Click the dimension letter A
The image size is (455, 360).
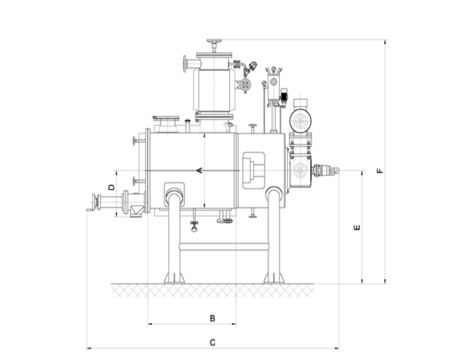click(x=200, y=170)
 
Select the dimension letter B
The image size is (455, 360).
click(x=212, y=318)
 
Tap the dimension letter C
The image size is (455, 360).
click(x=212, y=342)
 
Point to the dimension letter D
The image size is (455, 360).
click(x=111, y=187)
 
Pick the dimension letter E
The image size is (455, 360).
click(x=357, y=228)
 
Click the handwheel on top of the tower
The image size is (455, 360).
click(x=213, y=42)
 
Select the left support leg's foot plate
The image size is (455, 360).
click(x=174, y=278)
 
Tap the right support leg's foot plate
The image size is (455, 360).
click(x=274, y=278)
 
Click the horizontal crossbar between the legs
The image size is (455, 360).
click(x=224, y=246)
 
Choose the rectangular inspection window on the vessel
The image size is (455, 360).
click(x=253, y=170)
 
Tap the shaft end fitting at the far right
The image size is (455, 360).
click(x=326, y=171)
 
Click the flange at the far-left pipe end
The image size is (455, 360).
click(x=95, y=201)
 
